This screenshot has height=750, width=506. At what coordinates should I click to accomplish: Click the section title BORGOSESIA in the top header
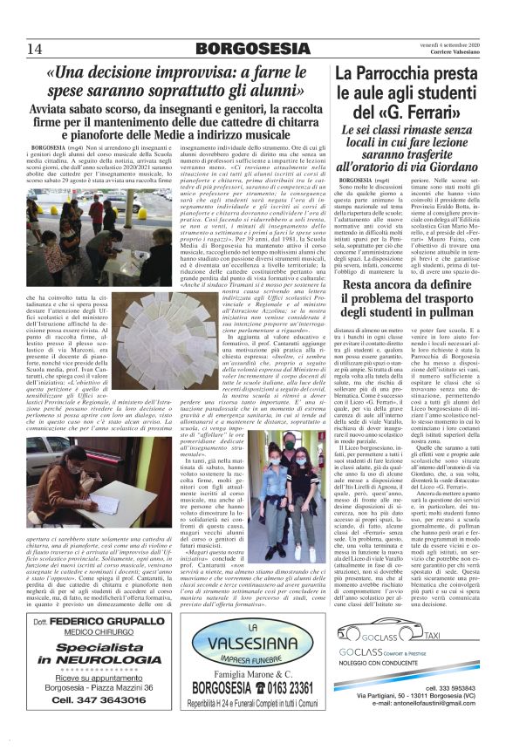point(253,47)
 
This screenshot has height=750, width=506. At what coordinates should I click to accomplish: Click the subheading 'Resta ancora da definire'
point(407,286)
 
